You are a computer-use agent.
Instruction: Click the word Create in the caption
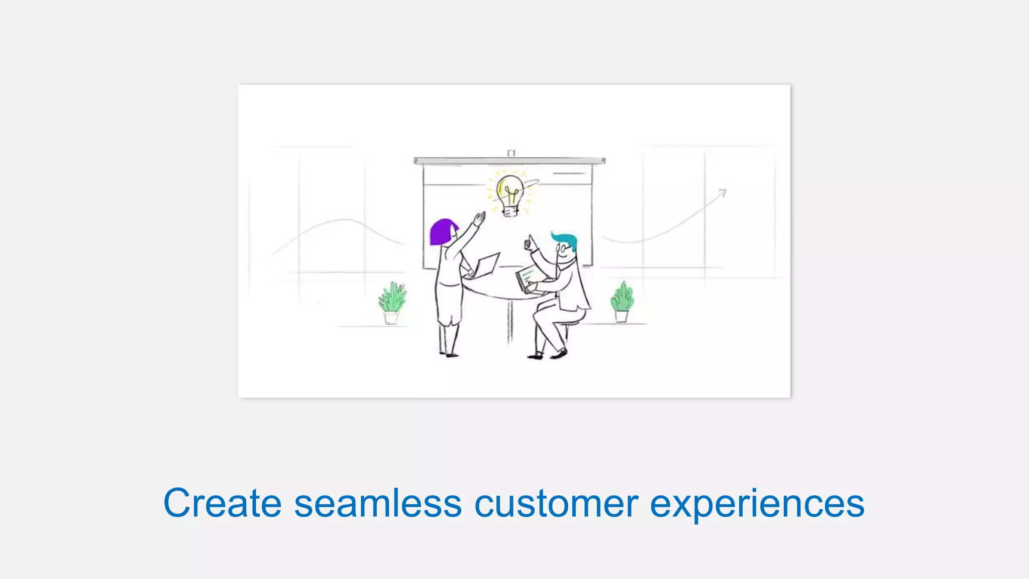(222, 503)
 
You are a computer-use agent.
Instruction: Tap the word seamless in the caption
(377, 503)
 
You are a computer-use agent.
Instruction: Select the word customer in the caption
(556, 503)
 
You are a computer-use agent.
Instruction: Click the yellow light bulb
(510, 194)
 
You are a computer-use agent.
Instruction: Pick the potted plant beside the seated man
(622, 302)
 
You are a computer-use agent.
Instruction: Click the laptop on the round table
(485, 265)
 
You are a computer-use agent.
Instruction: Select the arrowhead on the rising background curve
(723, 192)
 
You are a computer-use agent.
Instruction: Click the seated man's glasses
(562, 248)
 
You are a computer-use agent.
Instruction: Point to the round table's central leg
(509, 322)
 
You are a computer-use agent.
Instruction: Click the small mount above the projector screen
(511, 153)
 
